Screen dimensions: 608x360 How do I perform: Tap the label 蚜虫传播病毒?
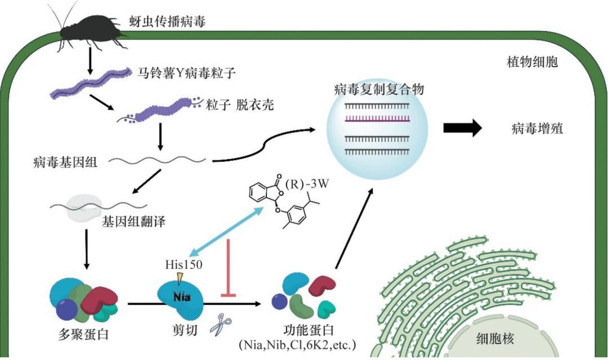[168, 21]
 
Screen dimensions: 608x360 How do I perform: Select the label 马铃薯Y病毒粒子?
[187, 73]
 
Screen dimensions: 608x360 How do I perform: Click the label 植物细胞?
[533, 61]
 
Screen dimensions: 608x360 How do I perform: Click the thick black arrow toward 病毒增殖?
[463, 128]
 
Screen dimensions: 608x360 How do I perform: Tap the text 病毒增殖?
[538, 128]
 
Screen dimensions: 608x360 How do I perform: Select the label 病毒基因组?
[65, 161]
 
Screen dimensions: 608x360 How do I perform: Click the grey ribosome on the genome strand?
[85, 208]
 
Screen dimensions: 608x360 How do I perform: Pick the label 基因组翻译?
[133, 222]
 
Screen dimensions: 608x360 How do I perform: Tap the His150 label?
[184, 264]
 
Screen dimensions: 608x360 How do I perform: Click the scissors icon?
[221, 323]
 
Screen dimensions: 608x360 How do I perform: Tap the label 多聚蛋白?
[83, 334]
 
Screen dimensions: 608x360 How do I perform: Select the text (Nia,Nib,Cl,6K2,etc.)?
[297, 344]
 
